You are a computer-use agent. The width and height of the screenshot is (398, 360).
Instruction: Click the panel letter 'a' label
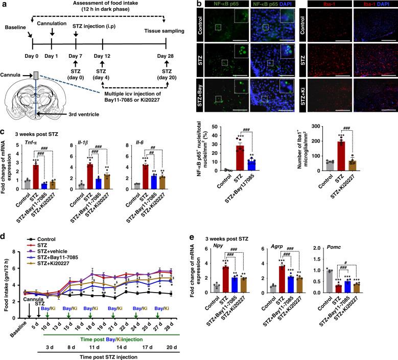[x=4, y=5]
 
